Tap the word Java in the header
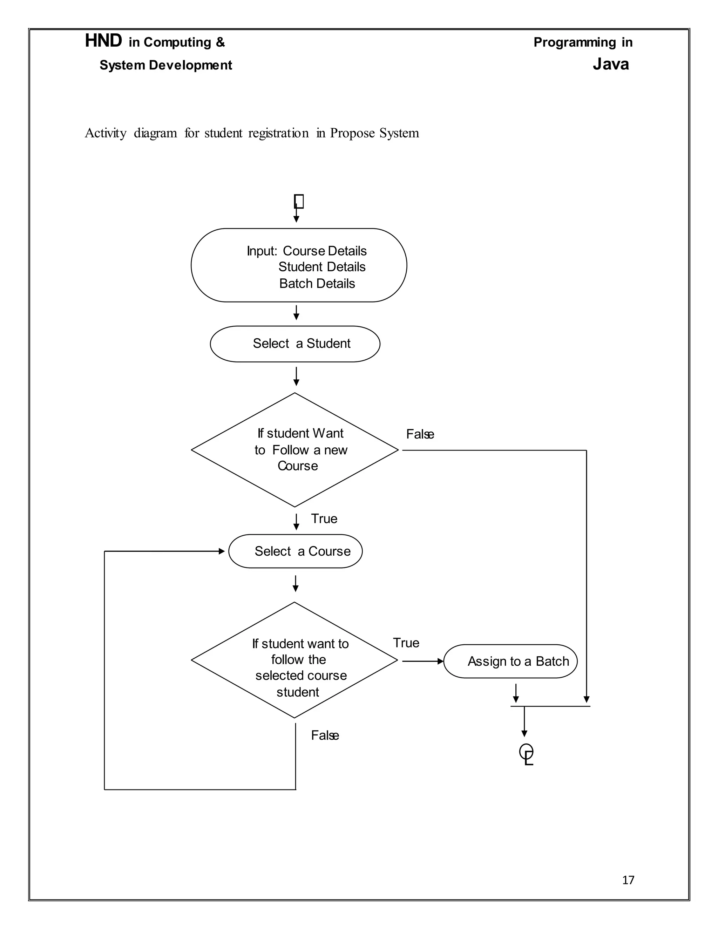[x=611, y=64]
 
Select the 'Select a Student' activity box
[x=295, y=344]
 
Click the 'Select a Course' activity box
[x=295, y=551]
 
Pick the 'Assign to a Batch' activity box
[x=510, y=661]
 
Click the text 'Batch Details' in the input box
[x=317, y=283]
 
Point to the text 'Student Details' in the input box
[x=322, y=267]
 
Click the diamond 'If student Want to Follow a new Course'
[x=295, y=450]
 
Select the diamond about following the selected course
[x=294, y=660]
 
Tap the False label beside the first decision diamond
[x=420, y=434]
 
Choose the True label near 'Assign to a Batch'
[x=406, y=643]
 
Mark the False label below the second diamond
[x=325, y=735]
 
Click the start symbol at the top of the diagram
[x=299, y=201]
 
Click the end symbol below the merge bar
[x=527, y=754]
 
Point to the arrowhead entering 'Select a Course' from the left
[x=222, y=551]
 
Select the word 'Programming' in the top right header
[x=575, y=42]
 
